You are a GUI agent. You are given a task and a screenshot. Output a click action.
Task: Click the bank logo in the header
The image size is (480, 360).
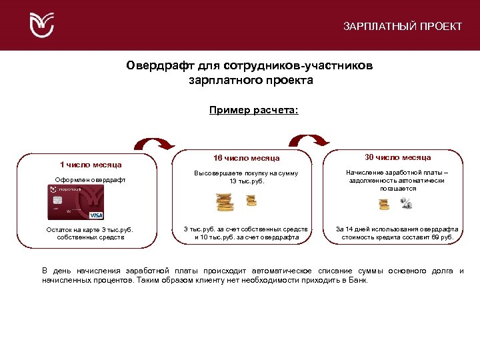pyautogui.click(x=42, y=25)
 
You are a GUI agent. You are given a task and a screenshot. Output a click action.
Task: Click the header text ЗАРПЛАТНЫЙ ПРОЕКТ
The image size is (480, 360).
pyautogui.click(x=402, y=27)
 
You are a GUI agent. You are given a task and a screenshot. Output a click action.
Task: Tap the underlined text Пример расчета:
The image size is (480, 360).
pyautogui.click(x=253, y=110)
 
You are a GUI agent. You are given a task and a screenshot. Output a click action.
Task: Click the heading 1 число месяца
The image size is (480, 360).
pyautogui.click(x=91, y=164)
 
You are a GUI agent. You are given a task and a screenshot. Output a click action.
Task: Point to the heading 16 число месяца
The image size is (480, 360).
pyautogui.click(x=246, y=159)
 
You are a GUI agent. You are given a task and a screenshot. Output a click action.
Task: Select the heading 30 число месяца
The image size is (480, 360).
pyautogui.click(x=397, y=157)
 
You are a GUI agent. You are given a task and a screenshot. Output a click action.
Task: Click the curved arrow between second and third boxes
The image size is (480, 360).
pyautogui.click(x=309, y=139)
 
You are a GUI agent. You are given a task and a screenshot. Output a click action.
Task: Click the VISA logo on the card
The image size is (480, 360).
pyautogui.click(x=96, y=215)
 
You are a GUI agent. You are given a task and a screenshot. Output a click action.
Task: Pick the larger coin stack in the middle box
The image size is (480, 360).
pyautogui.click(x=225, y=201)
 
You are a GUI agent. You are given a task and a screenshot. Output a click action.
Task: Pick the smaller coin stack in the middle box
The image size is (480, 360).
pyautogui.click(x=251, y=199)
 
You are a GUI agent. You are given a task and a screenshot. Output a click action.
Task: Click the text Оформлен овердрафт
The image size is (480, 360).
pyautogui.click(x=91, y=180)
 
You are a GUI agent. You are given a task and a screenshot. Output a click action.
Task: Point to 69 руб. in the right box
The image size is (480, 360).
pyautogui.click(x=443, y=237)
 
